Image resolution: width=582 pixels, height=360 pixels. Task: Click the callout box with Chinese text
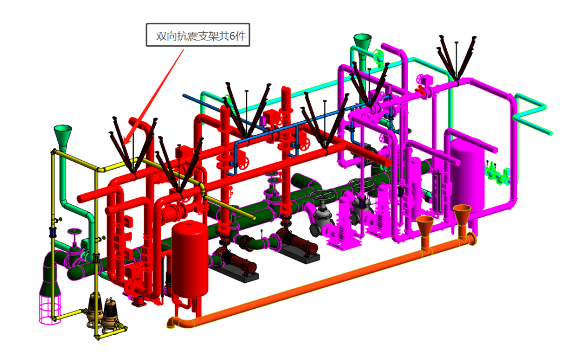(198, 35)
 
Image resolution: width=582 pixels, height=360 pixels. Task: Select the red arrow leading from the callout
(153, 96)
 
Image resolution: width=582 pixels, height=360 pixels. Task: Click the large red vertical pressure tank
(190, 260)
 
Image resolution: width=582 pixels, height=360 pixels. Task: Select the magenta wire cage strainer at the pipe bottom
(50, 308)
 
